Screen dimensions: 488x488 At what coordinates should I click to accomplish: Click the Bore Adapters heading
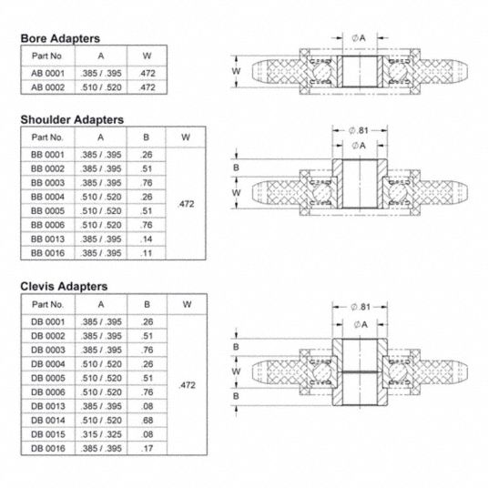[x=60, y=38]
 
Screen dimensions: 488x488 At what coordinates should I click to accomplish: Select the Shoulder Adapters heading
[x=72, y=120]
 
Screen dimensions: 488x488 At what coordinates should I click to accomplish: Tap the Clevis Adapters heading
[x=64, y=286]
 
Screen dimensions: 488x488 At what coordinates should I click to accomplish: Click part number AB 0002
[x=47, y=87]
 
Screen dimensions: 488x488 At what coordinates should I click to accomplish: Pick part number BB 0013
[x=47, y=239]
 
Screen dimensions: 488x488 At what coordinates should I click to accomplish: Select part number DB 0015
[x=48, y=434]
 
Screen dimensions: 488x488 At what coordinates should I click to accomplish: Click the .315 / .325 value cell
[x=101, y=434]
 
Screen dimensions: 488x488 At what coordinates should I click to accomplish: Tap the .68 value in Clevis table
[x=147, y=420]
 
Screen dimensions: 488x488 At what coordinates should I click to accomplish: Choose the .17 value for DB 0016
[x=147, y=448]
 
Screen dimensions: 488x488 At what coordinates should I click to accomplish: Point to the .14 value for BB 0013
[x=146, y=239]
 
